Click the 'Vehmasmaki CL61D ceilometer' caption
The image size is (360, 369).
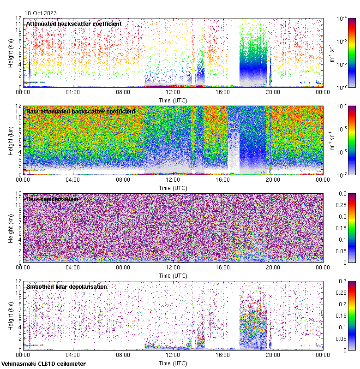(x=43, y=364)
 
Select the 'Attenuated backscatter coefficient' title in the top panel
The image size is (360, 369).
(x=74, y=24)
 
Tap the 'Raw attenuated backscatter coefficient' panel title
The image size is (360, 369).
(x=81, y=111)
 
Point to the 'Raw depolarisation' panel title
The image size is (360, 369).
(x=52, y=199)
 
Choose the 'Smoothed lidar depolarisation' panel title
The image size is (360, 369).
(x=66, y=286)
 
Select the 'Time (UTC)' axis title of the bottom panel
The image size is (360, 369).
(x=173, y=363)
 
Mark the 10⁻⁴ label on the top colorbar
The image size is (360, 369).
(x=342, y=18)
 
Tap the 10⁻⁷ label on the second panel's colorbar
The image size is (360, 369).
(x=342, y=175)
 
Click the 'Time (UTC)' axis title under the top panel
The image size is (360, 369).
(x=173, y=100)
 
